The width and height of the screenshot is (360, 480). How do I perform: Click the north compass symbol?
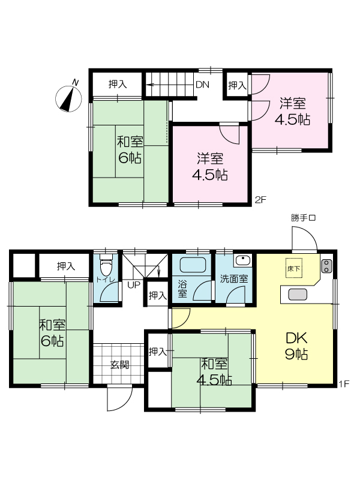(69, 98)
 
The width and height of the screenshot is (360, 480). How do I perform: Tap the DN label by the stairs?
(202, 85)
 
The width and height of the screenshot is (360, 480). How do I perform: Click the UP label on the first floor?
(133, 284)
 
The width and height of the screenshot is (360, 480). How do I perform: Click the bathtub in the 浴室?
(193, 265)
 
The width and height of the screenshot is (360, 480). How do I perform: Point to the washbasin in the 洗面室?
(243, 260)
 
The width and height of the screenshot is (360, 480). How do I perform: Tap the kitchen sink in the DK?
(298, 295)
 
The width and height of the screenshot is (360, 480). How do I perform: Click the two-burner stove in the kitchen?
(326, 266)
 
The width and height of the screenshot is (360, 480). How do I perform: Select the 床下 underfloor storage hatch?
(294, 268)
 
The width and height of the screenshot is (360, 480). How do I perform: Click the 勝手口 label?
(303, 218)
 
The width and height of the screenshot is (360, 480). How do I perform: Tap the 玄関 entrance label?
(119, 365)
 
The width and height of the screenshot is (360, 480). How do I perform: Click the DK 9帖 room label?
(296, 346)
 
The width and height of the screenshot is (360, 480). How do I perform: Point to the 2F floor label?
(261, 200)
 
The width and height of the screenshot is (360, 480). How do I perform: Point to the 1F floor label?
(344, 384)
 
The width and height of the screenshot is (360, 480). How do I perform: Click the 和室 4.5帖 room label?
(214, 372)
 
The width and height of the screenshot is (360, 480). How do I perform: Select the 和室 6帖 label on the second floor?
(130, 149)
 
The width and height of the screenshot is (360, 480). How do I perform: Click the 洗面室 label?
(234, 279)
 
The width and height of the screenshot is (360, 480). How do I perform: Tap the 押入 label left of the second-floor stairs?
(118, 84)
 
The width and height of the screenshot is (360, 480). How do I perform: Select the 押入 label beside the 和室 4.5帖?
(158, 352)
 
